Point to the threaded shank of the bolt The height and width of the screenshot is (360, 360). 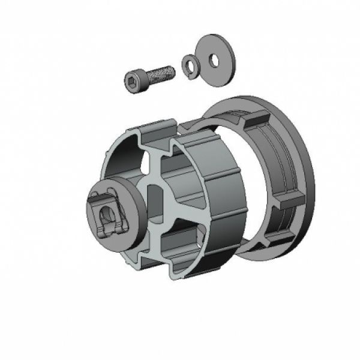coord(161,74)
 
